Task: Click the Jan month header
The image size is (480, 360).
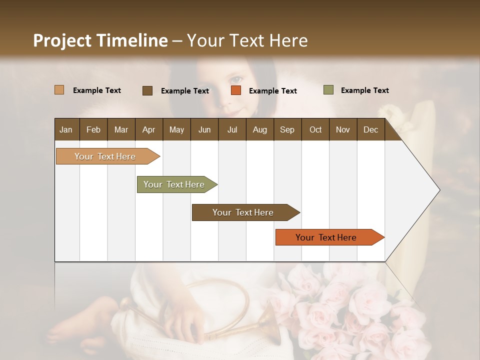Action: coord(66,129)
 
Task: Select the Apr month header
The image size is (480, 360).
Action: coord(149,129)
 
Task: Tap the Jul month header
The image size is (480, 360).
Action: coord(232,129)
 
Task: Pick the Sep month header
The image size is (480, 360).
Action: coord(287,129)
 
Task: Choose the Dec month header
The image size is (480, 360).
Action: coord(370,129)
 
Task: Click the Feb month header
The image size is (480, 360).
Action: coord(93,129)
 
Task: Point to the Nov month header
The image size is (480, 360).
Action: coord(342,129)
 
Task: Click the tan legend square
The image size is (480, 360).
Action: coord(59,90)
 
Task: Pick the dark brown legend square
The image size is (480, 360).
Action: coord(147,90)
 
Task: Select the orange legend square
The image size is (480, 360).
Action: coord(236,90)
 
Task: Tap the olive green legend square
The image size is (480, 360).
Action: coord(328,90)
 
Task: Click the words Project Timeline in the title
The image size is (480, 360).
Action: coord(100,40)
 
